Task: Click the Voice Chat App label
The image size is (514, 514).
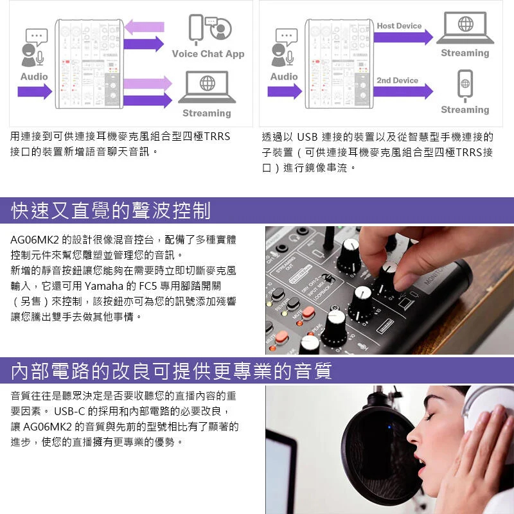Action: pos(208,54)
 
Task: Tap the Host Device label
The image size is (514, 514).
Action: pos(399,26)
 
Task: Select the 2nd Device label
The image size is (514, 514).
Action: pos(397,80)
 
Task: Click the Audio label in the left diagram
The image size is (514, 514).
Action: pos(34,76)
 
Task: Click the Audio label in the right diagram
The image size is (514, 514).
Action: pos(284,76)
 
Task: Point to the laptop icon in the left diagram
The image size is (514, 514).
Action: pos(207,87)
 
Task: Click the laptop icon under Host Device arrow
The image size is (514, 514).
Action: pos(465,28)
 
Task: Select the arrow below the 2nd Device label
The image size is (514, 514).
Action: pos(403,91)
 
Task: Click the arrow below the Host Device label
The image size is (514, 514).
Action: pos(403,37)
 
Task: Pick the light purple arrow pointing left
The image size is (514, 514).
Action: pos(144,26)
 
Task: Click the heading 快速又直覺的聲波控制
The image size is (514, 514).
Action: pos(111,211)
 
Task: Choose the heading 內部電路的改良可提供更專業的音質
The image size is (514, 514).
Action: pos(171,371)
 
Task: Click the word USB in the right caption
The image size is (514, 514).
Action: pos(307,137)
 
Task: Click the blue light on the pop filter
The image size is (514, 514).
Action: pos(389,427)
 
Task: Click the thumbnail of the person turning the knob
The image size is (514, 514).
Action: pos(390,290)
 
